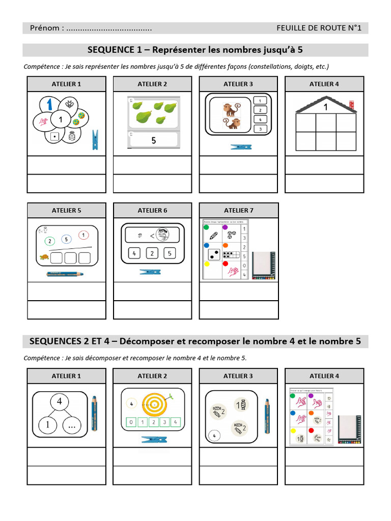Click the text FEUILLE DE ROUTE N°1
[x=319, y=28]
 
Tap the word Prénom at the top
[x=45, y=28]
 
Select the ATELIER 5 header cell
[x=66, y=210]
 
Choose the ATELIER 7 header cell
[x=238, y=210]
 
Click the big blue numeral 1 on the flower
[x=50, y=103]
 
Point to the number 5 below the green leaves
[x=154, y=140]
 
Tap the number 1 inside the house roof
[x=325, y=107]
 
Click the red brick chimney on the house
[x=351, y=105]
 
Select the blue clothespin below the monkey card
[x=241, y=147]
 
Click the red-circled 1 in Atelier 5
[x=82, y=236]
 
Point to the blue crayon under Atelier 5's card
[x=65, y=274]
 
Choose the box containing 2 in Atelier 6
[x=152, y=253]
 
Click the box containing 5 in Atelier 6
[x=171, y=253]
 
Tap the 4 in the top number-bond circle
[x=60, y=401]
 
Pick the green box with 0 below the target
[x=131, y=422]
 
